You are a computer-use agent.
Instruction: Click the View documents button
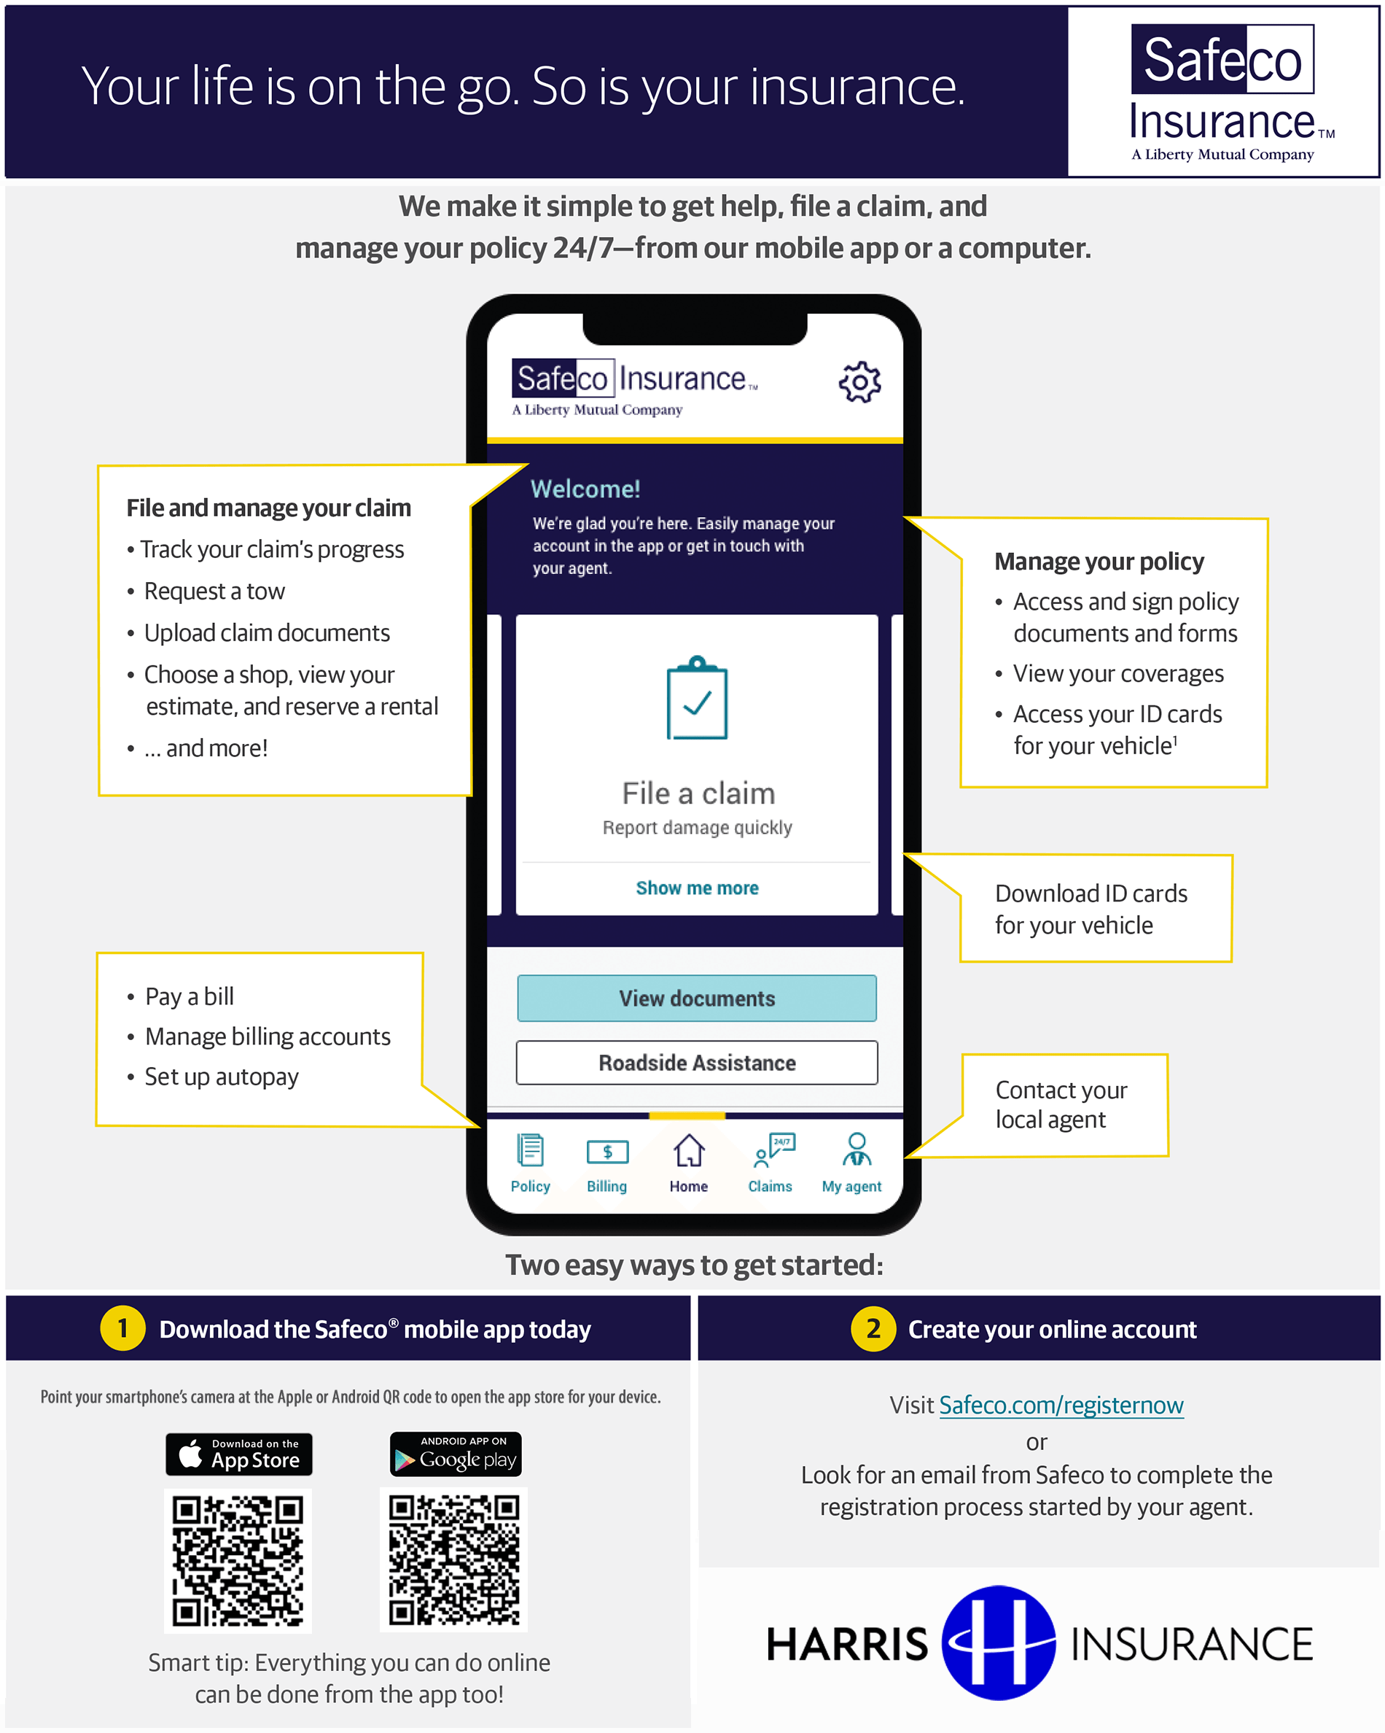tap(697, 998)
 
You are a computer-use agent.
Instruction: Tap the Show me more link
tap(697, 888)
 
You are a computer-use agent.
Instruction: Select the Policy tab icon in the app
tap(530, 1149)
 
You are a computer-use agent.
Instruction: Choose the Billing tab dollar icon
tap(607, 1152)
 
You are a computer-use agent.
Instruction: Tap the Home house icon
tap(688, 1150)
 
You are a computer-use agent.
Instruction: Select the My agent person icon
tap(857, 1149)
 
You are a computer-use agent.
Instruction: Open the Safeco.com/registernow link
tap(1061, 1404)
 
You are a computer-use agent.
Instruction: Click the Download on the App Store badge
tap(238, 1454)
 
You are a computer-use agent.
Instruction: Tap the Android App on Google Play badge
tap(456, 1454)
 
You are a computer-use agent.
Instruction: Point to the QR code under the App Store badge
tap(238, 1560)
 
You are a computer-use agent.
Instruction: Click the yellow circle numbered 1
tap(122, 1329)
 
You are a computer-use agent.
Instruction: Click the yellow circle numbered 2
tap(873, 1329)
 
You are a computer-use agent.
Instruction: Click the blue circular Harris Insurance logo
tap(999, 1642)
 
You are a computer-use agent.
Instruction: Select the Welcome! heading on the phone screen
tap(585, 489)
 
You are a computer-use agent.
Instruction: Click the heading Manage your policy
tap(1099, 561)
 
